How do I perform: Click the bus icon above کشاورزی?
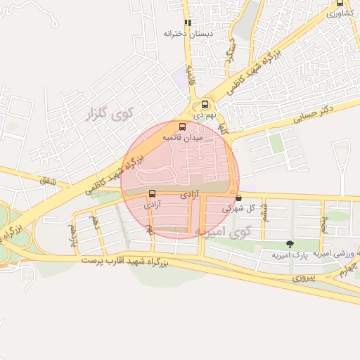click(340, 3)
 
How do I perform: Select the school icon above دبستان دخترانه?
click(187, 22)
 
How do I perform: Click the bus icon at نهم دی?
click(205, 105)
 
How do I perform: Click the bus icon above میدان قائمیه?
click(183, 127)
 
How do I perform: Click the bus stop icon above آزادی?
click(152, 194)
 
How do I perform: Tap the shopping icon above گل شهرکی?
click(239, 198)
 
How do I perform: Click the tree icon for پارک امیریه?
click(290, 243)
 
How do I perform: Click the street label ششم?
click(264, 212)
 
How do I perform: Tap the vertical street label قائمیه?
click(189, 73)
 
